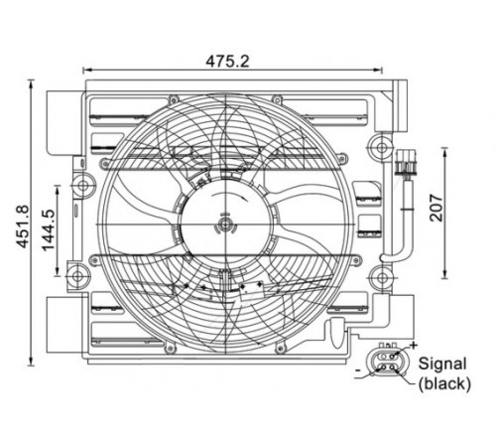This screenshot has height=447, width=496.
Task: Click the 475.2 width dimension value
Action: tap(227, 61)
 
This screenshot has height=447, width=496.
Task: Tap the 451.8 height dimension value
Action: tap(23, 226)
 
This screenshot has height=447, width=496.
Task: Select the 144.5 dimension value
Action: tap(49, 229)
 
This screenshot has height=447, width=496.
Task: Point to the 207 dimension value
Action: tap(436, 208)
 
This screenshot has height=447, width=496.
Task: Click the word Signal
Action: tap(442, 364)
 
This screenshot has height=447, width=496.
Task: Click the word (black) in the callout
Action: tap(444, 383)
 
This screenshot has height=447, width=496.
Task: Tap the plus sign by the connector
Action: tap(414, 346)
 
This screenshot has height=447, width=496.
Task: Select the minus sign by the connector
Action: tap(358, 370)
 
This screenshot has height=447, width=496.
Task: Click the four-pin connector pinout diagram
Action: tap(387, 362)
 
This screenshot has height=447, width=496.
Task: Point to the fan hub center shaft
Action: tap(225, 224)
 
